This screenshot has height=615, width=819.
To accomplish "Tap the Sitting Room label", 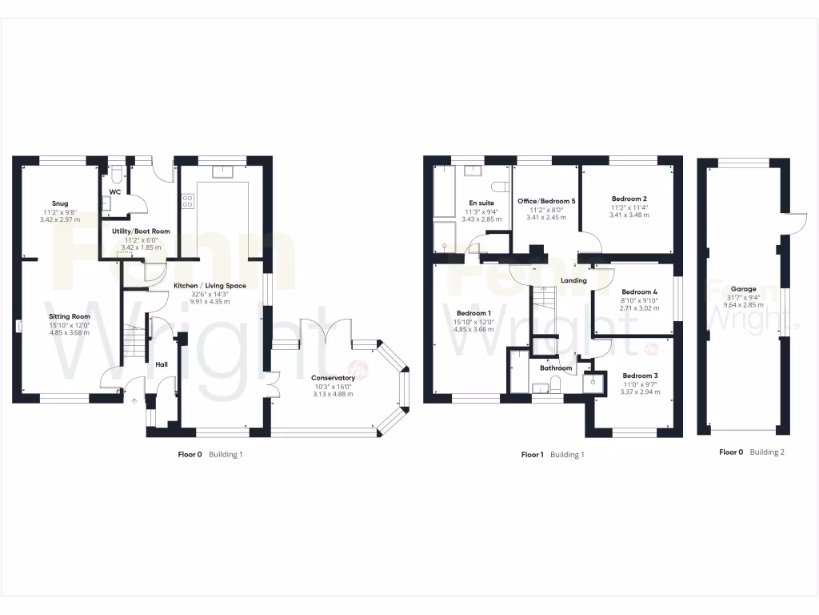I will click(69, 316).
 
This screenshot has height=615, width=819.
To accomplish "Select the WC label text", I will click(115, 192).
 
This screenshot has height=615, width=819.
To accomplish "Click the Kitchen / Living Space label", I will click(210, 286).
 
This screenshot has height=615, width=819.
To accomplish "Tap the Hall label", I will click(162, 365).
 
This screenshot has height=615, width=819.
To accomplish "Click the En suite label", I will click(481, 203).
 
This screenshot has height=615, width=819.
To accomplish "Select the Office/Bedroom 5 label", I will click(546, 201).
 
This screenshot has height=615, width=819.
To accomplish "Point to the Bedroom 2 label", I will click(629, 199).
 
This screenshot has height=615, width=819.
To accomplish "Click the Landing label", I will click(573, 281).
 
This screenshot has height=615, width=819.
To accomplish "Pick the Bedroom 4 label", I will click(639, 292).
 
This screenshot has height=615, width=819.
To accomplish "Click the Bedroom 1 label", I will click(473, 313).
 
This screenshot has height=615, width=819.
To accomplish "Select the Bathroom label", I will click(555, 368).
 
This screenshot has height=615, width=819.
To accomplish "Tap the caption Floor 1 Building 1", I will click(552, 455).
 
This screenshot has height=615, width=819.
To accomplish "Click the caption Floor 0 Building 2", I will click(751, 452).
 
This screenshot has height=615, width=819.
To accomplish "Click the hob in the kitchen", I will click(189, 202).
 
